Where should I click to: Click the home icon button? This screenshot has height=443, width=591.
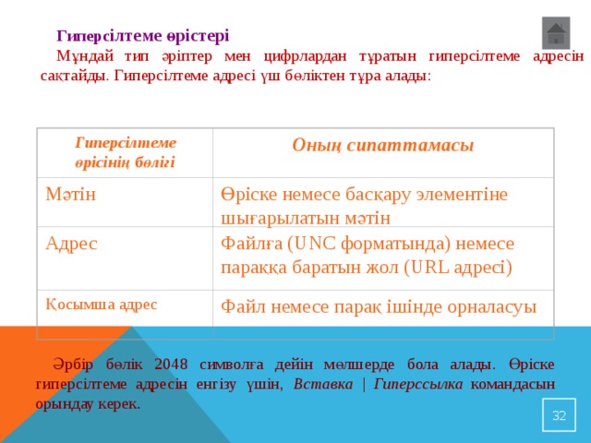tap(556, 33)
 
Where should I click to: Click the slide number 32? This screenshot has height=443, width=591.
tap(559, 416)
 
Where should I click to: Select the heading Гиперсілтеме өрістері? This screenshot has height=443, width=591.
tap(143, 36)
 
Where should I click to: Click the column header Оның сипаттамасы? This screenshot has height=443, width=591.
tap(382, 145)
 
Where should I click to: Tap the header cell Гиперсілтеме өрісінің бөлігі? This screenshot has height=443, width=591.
tap(126, 152)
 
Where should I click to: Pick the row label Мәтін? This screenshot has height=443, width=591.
tap(73, 195)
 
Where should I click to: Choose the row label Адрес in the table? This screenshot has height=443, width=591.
tap(73, 245)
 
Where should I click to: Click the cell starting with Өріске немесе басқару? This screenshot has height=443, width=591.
tap(364, 206)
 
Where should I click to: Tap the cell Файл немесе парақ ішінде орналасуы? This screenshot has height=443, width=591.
tap(378, 306)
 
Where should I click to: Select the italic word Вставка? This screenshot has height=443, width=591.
tap(323, 383)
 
